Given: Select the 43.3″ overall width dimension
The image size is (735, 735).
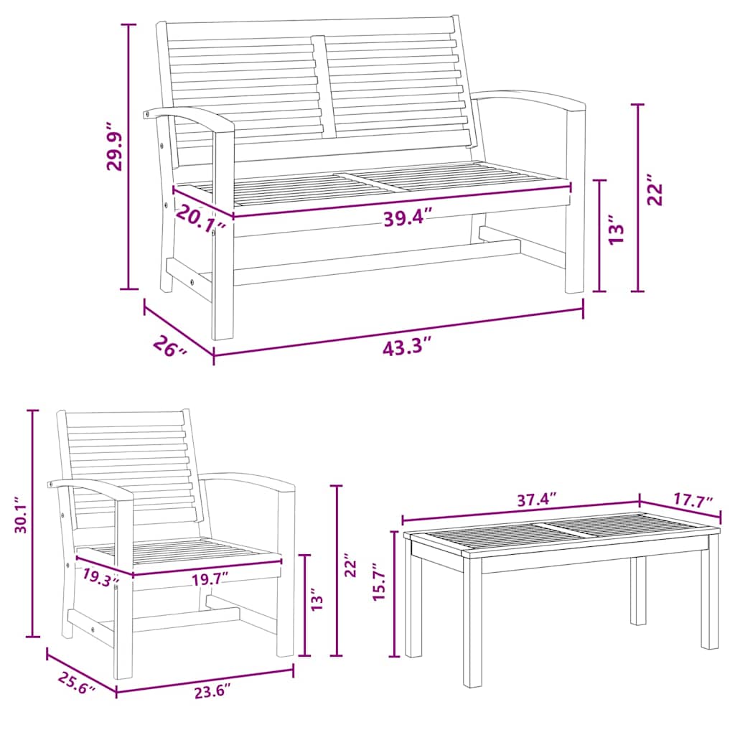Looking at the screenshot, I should pyautogui.click(x=407, y=348).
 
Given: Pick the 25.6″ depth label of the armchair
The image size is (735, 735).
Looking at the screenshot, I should pyautogui.click(x=72, y=683).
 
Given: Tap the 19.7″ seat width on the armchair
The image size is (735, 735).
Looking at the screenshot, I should pyautogui.click(x=210, y=576).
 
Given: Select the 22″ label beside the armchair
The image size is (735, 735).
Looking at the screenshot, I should pyautogui.click(x=350, y=565).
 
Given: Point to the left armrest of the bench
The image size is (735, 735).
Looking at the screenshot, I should pyautogui.click(x=188, y=116).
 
